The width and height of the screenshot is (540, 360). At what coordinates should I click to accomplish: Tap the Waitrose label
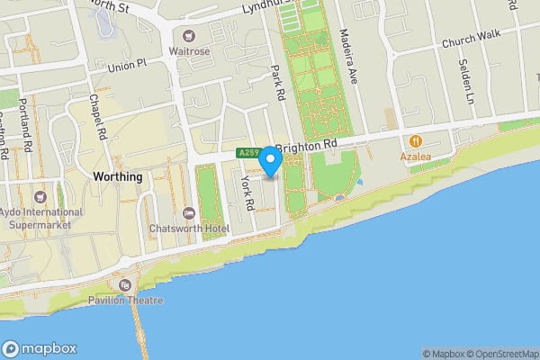(x=189, y=51)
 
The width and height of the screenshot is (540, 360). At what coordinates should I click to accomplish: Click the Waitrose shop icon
(x=189, y=36)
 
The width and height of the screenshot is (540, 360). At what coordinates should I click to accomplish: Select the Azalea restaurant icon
(x=416, y=141)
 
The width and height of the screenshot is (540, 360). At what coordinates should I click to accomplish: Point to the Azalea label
(x=416, y=157)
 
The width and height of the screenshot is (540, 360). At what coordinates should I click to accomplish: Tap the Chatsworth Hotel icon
(x=188, y=213)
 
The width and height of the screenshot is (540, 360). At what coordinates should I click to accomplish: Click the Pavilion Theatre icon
(x=125, y=285)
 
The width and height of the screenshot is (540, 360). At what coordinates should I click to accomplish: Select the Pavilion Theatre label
(x=125, y=300)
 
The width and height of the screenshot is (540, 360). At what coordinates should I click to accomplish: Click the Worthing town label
(x=117, y=177)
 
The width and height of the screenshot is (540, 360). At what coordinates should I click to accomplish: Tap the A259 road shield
(x=249, y=153)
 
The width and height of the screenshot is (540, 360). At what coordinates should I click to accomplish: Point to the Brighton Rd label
(x=307, y=144)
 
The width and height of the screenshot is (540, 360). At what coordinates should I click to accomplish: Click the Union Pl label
(x=125, y=66)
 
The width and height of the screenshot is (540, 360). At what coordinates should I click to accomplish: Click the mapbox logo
(x=40, y=349)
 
